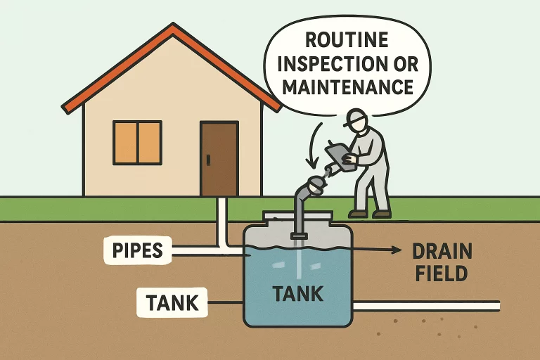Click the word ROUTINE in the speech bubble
[x=347, y=39]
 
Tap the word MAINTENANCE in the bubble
[x=348, y=86]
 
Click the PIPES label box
[x=138, y=250]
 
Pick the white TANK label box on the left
[x=172, y=302]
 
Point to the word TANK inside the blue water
[x=298, y=294]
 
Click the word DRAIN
[x=442, y=251]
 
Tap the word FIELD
[x=442, y=274]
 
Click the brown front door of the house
[x=219, y=158]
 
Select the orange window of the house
[x=137, y=143]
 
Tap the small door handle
[x=208, y=160]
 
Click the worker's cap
[x=354, y=117]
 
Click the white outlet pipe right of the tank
[x=426, y=306]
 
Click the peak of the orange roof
[x=173, y=25]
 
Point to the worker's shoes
[x=370, y=214]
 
